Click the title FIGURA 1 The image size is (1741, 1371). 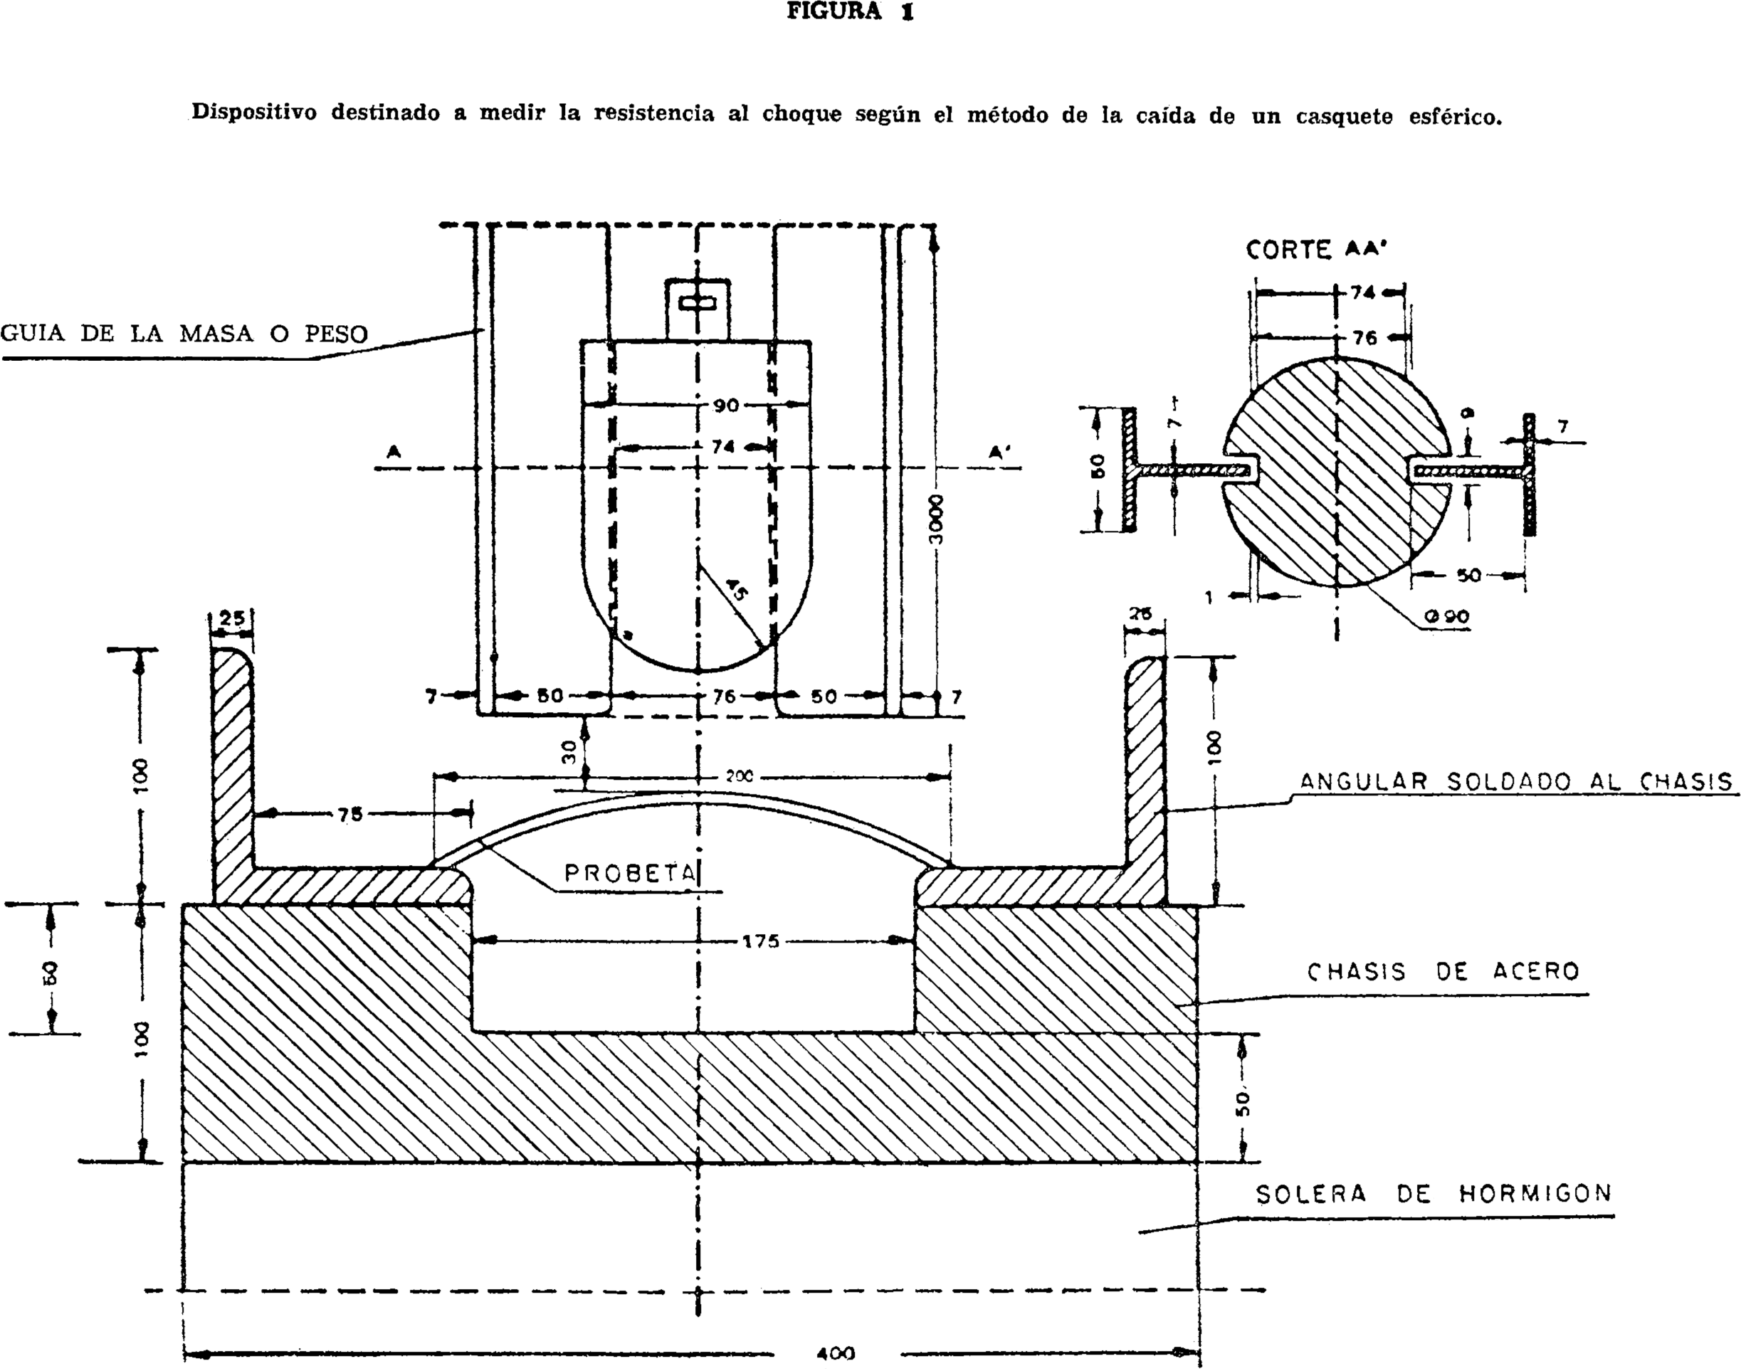coord(850,12)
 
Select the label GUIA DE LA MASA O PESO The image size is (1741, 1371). coord(184,333)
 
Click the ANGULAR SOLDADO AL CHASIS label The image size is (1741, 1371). coord(1515,782)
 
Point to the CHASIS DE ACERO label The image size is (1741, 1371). coord(1443,972)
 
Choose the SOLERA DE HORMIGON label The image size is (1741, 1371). coord(1434,1195)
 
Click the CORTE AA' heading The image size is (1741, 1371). coord(1316,250)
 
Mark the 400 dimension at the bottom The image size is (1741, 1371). coord(835,1353)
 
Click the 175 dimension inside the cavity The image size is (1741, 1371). coord(760,941)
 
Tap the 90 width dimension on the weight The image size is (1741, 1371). coord(725,406)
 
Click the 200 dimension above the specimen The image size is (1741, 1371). coord(739,777)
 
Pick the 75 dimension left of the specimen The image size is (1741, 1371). coord(350,815)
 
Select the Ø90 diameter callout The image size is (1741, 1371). coord(1447,616)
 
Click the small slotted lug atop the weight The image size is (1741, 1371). coord(698,307)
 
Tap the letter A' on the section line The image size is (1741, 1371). coord(999,452)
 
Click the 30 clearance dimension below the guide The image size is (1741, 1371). coord(569,751)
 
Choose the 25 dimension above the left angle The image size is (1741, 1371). coord(231,620)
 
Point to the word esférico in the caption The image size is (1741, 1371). coord(1454,117)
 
